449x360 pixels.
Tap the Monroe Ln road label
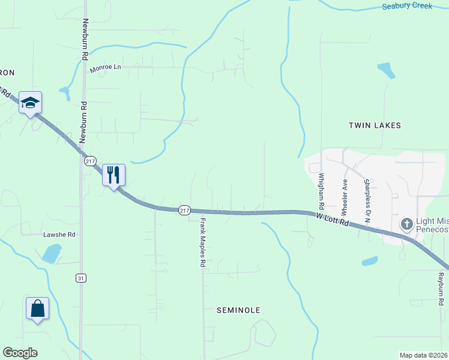105,67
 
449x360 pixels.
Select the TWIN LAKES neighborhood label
375,125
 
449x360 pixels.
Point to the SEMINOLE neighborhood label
238,310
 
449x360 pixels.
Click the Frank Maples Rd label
203,242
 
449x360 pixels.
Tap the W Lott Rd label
333,218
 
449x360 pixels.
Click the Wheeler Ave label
345,197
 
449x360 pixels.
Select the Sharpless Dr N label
367,200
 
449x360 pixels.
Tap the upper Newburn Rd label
85,37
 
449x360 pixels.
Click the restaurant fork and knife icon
113,175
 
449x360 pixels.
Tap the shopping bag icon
37,308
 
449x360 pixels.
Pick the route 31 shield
81,278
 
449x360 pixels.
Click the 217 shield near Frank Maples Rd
184,210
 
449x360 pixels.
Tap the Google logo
20,353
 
